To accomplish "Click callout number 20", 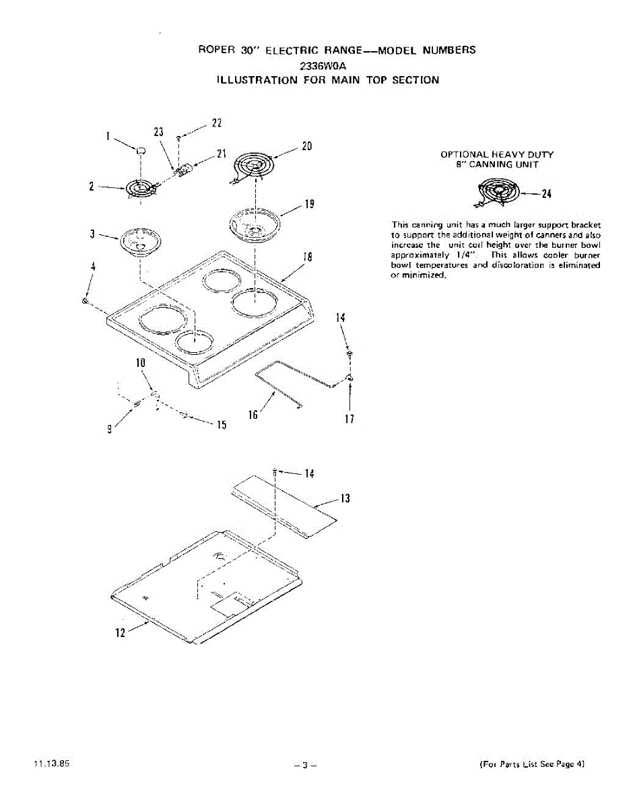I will pos(306,146).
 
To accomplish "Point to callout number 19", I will pos(308,203).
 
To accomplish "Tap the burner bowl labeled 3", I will pos(140,242).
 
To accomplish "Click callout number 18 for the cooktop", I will pos(307,257).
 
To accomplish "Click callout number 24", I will pos(546,195).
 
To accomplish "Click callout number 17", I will pos(349,419).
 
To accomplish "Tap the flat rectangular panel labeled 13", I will pos(283,498).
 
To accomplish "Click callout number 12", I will pos(120,633).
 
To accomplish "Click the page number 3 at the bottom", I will pos(304,766).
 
